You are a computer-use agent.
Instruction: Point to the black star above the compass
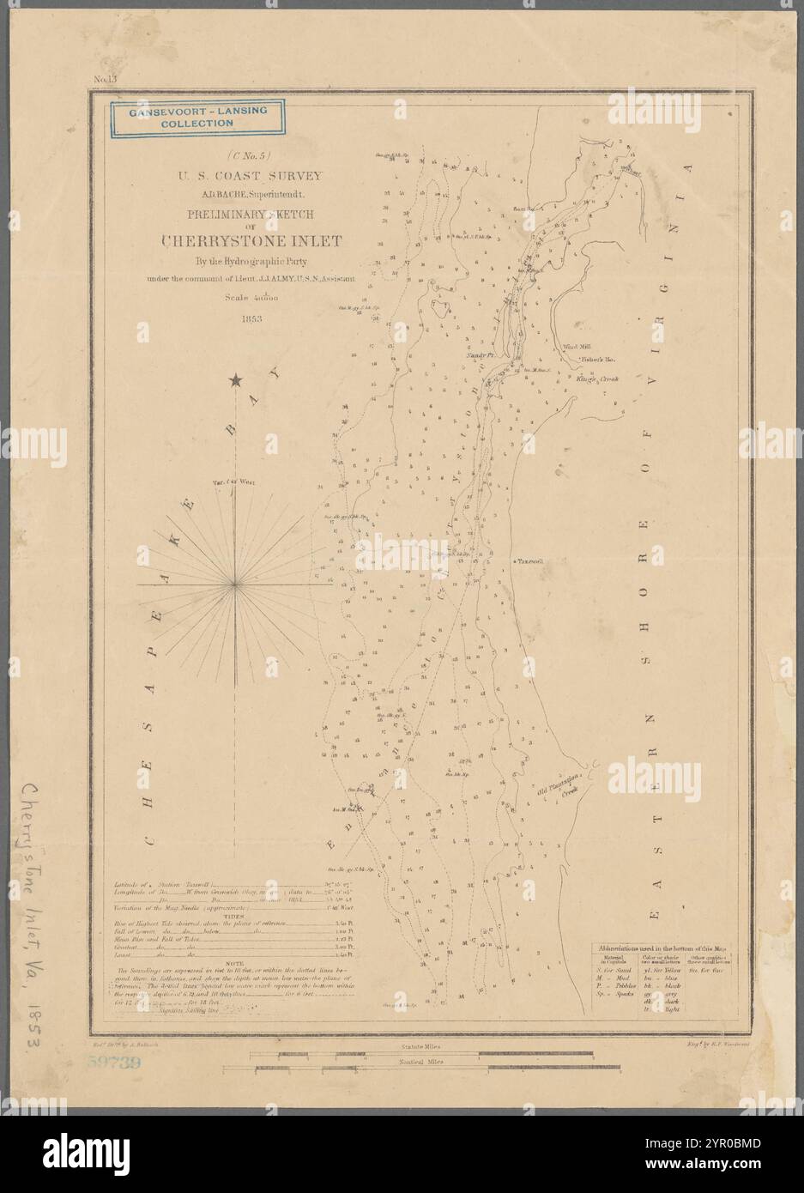235,379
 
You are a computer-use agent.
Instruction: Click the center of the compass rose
236,584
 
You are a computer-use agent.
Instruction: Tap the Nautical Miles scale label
422,1062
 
